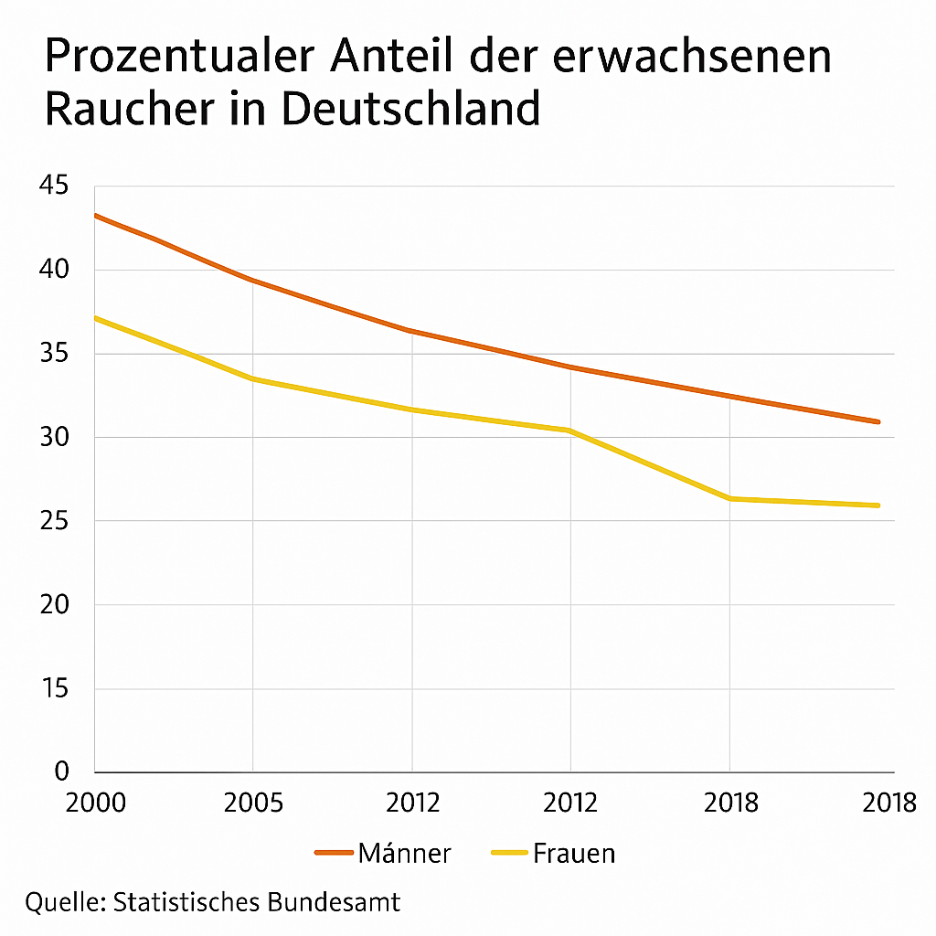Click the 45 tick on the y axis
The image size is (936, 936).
tap(54, 186)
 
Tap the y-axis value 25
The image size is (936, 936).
tap(54, 521)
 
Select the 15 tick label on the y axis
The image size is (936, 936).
tap(54, 688)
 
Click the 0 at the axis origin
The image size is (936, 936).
tap(61, 772)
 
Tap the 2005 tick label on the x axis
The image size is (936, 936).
tap(252, 803)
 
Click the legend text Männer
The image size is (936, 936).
tap(405, 854)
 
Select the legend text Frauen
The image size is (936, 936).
tap(574, 854)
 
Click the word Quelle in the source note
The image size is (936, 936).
tap(63, 902)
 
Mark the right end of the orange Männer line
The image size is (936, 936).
tap(878, 421)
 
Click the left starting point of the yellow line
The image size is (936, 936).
tap(95, 318)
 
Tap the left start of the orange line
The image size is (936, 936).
tap(95, 216)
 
